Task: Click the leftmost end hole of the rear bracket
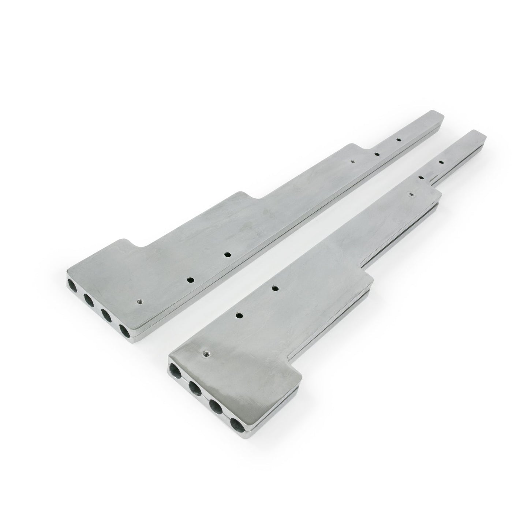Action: (x=71, y=284)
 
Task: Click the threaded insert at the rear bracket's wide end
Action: (x=139, y=302)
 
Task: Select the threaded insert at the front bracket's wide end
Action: (x=205, y=354)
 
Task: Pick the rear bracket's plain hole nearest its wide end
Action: (x=190, y=280)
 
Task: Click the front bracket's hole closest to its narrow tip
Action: (x=441, y=162)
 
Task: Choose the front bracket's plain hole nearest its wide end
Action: (x=240, y=314)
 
